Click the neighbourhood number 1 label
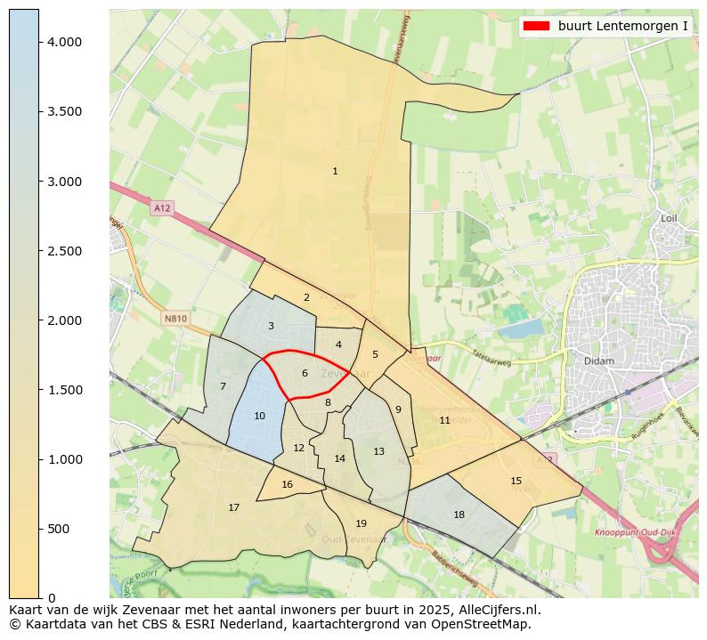tap(335, 171)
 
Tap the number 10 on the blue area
tap(259, 416)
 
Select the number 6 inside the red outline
tap(305, 373)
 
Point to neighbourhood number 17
tap(233, 507)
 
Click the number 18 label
tap(459, 514)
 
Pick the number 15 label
tap(516, 481)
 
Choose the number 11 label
tap(444, 420)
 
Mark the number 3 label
tap(271, 326)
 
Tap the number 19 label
tap(361, 523)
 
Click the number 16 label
tap(287, 484)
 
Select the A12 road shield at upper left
tap(161, 207)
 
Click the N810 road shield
tap(175, 318)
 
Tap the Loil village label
tap(670, 218)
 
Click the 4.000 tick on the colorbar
tap(65, 42)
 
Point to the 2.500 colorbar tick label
tap(65, 251)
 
